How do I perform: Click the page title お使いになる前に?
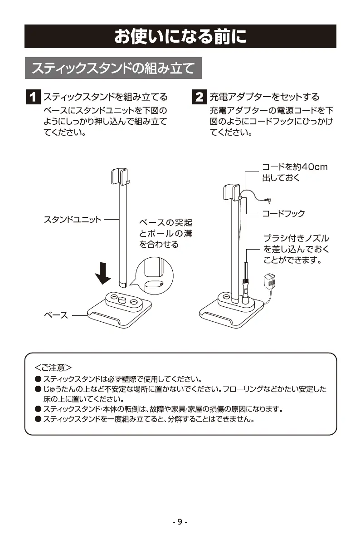tap(180, 36)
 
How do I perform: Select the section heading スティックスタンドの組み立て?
tap(113, 69)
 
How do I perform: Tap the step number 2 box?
tap(199, 97)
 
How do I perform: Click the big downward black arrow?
tap(104, 271)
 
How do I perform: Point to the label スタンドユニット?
tap(73, 220)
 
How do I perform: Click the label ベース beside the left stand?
tap(55, 315)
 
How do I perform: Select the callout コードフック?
tap(283, 213)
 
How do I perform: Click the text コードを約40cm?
tap(295, 167)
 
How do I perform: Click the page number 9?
tap(180, 522)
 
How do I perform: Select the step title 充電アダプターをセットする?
tap(264, 97)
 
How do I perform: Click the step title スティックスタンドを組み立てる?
tap(105, 97)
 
